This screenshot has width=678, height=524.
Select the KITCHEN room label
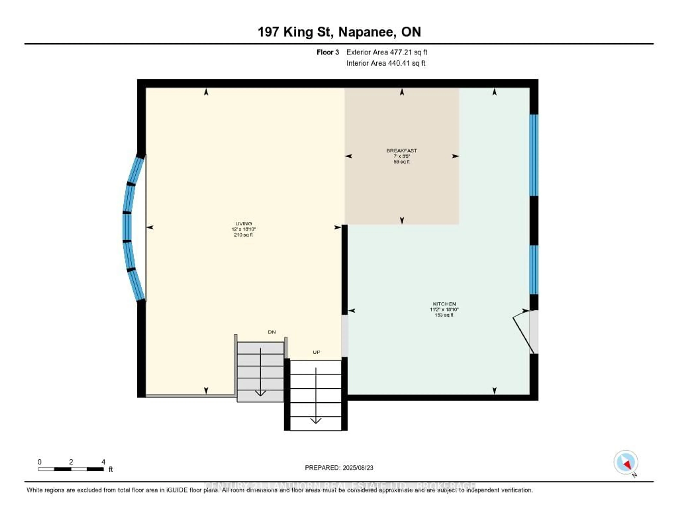coord(444,304)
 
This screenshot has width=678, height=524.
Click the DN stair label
coord(272,332)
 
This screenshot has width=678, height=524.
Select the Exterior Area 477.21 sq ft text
coord(386,52)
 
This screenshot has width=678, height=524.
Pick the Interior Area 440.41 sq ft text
coord(386,63)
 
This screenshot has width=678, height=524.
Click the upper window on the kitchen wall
coord(534,155)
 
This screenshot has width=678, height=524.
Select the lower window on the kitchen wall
coord(534,269)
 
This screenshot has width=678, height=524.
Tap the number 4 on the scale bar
coord(103,462)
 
